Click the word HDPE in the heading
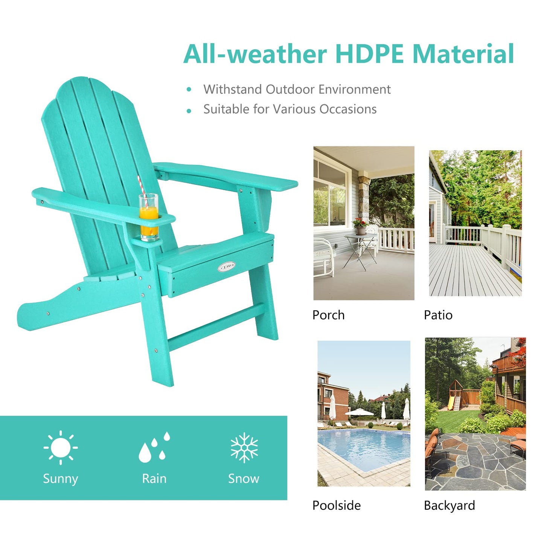tap(370, 54)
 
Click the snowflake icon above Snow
tap(244, 447)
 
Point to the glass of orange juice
tap(149, 216)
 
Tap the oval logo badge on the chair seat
tap(226, 267)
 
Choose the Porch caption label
tap(328, 315)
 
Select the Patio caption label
tap(438, 315)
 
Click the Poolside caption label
tap(336, 505)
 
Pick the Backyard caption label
tap(449, 505)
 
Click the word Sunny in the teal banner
tap(60, 479)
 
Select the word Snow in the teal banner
tap(244, 478)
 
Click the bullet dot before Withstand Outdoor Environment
tap(189, 90)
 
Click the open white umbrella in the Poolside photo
tap(359, 412)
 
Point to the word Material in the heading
tap(463, 54)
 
